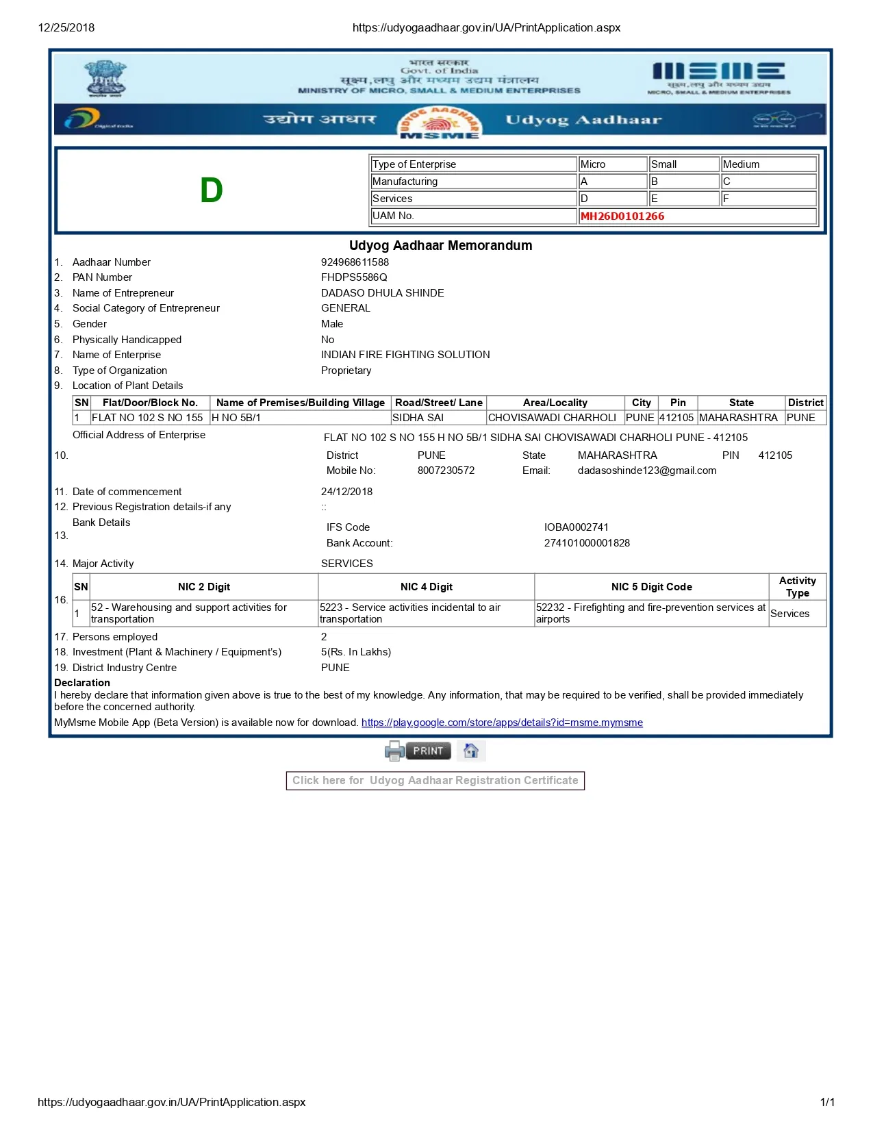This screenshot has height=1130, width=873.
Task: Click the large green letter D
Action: (212, 190)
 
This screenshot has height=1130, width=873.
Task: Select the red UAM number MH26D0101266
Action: (622, 216)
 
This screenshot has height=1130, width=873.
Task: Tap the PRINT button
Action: (428, 751)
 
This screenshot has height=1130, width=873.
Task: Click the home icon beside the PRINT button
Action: (471, 751)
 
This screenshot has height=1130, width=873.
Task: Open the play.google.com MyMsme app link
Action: (502, 723)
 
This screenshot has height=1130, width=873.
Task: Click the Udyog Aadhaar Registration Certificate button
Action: (435, 781)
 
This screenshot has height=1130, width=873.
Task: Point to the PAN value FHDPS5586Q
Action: (354, 277)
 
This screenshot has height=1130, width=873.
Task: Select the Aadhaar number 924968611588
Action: (355, 262)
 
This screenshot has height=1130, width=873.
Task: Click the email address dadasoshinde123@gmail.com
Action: (646, 470)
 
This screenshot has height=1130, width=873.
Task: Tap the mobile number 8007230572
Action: (446, 470)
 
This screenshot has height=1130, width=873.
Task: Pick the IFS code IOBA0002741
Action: (576, 527)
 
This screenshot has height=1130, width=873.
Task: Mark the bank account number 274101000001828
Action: (587, 543)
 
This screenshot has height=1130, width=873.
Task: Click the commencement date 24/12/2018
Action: (346, 492)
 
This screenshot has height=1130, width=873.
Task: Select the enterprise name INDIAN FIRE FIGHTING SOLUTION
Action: (405, 355)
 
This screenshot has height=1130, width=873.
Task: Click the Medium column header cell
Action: (768, 164)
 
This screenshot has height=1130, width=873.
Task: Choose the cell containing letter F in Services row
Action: (768, 199)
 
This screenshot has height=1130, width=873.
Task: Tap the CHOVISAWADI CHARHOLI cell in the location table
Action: (552, 418)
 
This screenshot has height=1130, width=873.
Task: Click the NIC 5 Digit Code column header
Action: (651, 587)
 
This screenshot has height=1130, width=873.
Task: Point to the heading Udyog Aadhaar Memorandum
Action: (440, 245)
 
